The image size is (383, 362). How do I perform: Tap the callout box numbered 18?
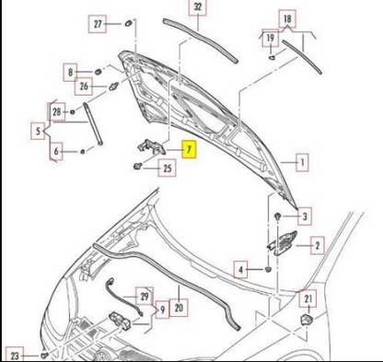tap(287, 18)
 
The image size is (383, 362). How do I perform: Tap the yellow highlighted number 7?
tap(189, 148)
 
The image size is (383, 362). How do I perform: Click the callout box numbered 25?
tap(167, 168)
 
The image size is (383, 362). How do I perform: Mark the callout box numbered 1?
tap(299, 163)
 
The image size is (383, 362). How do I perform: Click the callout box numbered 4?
tap(240, 270)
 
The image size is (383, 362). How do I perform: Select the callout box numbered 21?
tap(309, 297)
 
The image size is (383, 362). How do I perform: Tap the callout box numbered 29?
tap(143, 296)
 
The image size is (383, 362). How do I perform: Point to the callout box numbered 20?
tap(179, 309)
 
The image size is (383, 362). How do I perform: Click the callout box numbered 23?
tap(15, 355)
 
